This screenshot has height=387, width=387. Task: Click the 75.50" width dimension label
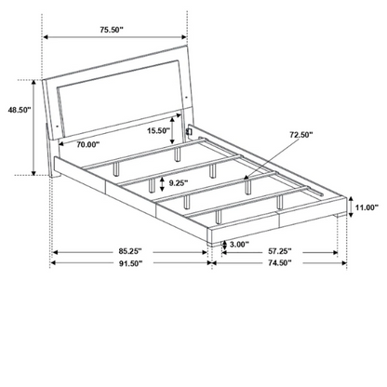[x=112, y=30]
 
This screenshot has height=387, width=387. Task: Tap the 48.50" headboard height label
[x=20, y=110]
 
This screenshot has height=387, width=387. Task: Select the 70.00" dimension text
[x=88, y=144]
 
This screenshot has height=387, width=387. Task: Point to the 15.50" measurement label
[x=158, y=130]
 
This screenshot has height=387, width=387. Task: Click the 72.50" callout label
[x=301, y=135]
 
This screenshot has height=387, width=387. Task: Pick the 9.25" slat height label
[x=179, y=183]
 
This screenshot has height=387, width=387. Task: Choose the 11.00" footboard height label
[x=367, y=207]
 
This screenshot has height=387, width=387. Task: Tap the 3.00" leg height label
[x=239, y=245]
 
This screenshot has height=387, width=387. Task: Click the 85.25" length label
[x=130, y=250]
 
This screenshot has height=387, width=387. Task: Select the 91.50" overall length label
[x=130, y=263]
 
